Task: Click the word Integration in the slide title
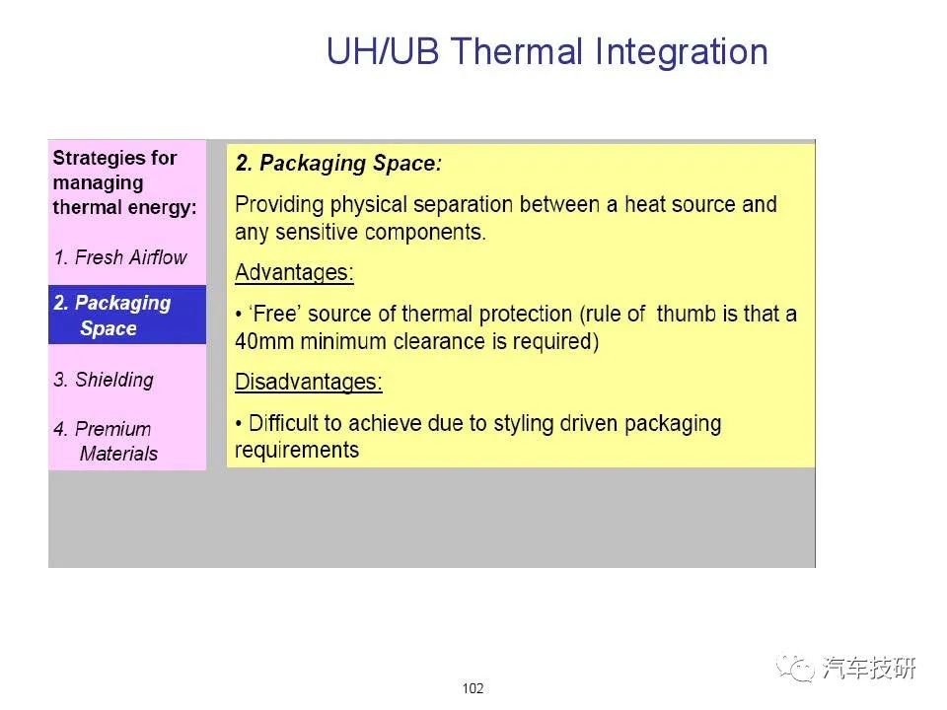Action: click(x=682, y=52)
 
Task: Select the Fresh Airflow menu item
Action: click(x=120, y=257)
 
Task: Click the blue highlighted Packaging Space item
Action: click(x=127, y=315)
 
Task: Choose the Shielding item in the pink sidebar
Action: click(x=104, y=380)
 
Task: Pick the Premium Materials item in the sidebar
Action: click(x=106, y=441)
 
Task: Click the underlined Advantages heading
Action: click(x=294, y=272)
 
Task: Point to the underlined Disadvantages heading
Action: click(x=309, y=382)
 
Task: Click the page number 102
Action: click(x=473, y=688)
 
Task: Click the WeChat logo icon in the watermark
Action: click(x=795, y=669)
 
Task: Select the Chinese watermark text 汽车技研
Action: click(x=868, y=668)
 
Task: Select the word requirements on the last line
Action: click(x=297, y=451)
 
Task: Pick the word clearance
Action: click(x=439, y=341)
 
